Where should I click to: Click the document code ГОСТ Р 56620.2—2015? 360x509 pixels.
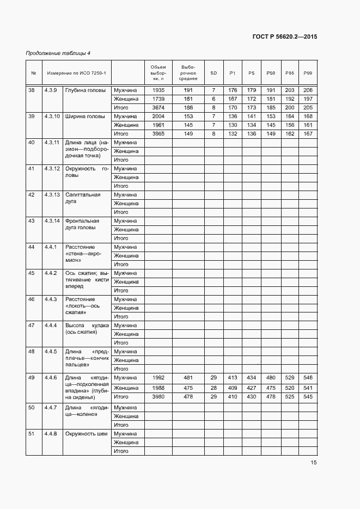(285, 37)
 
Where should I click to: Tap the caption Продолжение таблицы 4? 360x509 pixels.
(58, 53)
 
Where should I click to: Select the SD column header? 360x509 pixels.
(213, 73)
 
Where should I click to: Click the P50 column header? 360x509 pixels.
(271, 73)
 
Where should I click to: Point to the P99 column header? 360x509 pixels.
(308, 73)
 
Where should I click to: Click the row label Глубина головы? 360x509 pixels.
(86, 90)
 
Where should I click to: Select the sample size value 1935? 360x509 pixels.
(158, 90)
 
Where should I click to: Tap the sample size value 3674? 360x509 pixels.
(158, 107)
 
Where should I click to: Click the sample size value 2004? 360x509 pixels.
(158, 116)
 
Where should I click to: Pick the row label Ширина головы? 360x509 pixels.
(85, 116)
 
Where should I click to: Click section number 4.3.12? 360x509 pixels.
(52, 168)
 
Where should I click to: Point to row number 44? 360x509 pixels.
(32, 247)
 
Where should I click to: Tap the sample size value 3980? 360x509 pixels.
(158, 396)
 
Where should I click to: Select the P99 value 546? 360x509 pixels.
(308, 377)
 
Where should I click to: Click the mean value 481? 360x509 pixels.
(188, 377)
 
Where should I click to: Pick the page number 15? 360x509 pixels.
(314, 463)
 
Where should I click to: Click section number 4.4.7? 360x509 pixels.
(51, 407)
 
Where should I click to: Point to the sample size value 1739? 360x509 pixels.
(158, 99)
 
